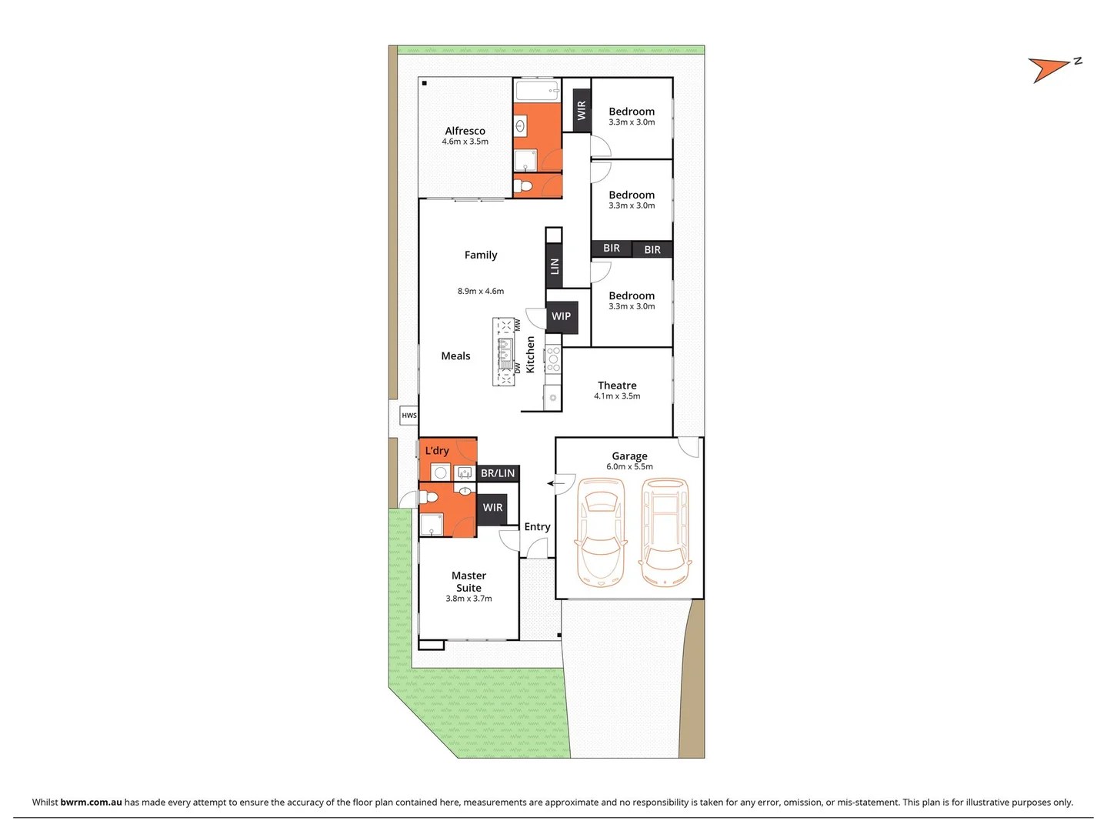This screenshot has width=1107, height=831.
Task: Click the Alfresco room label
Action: tap(465, 131)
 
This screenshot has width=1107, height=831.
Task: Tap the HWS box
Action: tap(409, 415)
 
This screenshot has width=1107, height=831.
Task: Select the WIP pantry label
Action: tap(562, 316)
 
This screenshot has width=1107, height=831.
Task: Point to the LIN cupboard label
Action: tap(554, 266)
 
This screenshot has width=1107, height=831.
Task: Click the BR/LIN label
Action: tap(498, 473)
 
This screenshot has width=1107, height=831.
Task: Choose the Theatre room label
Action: tap(617, 385)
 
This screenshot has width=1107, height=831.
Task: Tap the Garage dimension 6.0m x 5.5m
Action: tap(629, 467)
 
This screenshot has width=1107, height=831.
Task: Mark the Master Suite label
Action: tap(468, 582)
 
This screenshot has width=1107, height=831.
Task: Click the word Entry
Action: tap(537, 527)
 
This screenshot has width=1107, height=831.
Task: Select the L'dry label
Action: tap(437, 451)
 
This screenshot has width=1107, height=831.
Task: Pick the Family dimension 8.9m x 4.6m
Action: tap(481, 292)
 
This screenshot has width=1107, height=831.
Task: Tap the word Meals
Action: tap(455, 356)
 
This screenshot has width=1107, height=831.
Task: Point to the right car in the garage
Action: tap(665, 532)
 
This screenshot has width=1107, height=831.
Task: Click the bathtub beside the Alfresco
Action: tap(537, 91)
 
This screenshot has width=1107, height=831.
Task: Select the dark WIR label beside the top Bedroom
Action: tap(582, 111)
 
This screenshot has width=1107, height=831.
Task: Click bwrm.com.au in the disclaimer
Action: tap(91, 802)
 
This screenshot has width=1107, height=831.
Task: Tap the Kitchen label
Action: tap(530, 355)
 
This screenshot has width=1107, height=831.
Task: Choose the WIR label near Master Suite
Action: tap(493, 508)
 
